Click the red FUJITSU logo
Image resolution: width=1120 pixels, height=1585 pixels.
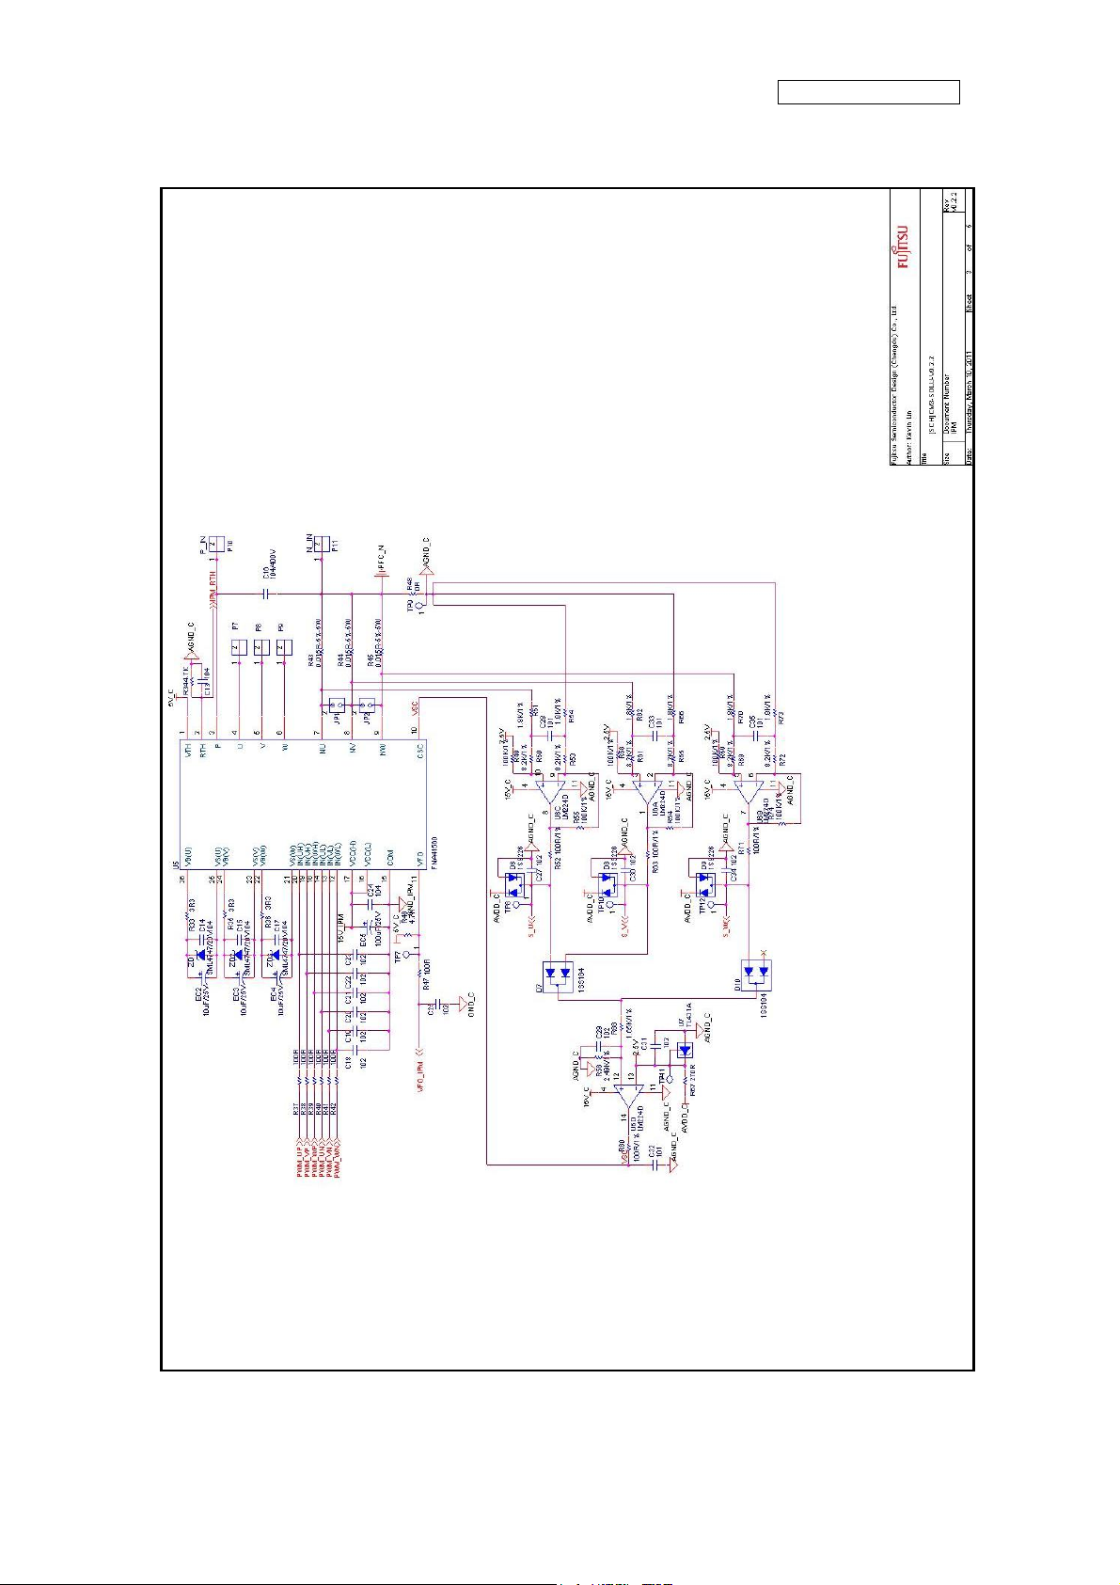point(903,246)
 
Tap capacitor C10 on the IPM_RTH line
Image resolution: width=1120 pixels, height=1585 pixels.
point(266,594)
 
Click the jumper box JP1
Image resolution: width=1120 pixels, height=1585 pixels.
point(337,703)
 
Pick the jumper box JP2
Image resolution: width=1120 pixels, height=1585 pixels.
point(368,703)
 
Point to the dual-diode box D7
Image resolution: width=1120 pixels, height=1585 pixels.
point(558,973)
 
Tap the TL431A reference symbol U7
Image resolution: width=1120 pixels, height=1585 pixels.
point(685,1051)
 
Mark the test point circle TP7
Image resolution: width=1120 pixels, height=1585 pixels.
point(406,954)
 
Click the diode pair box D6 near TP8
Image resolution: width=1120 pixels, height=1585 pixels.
point(514,884)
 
